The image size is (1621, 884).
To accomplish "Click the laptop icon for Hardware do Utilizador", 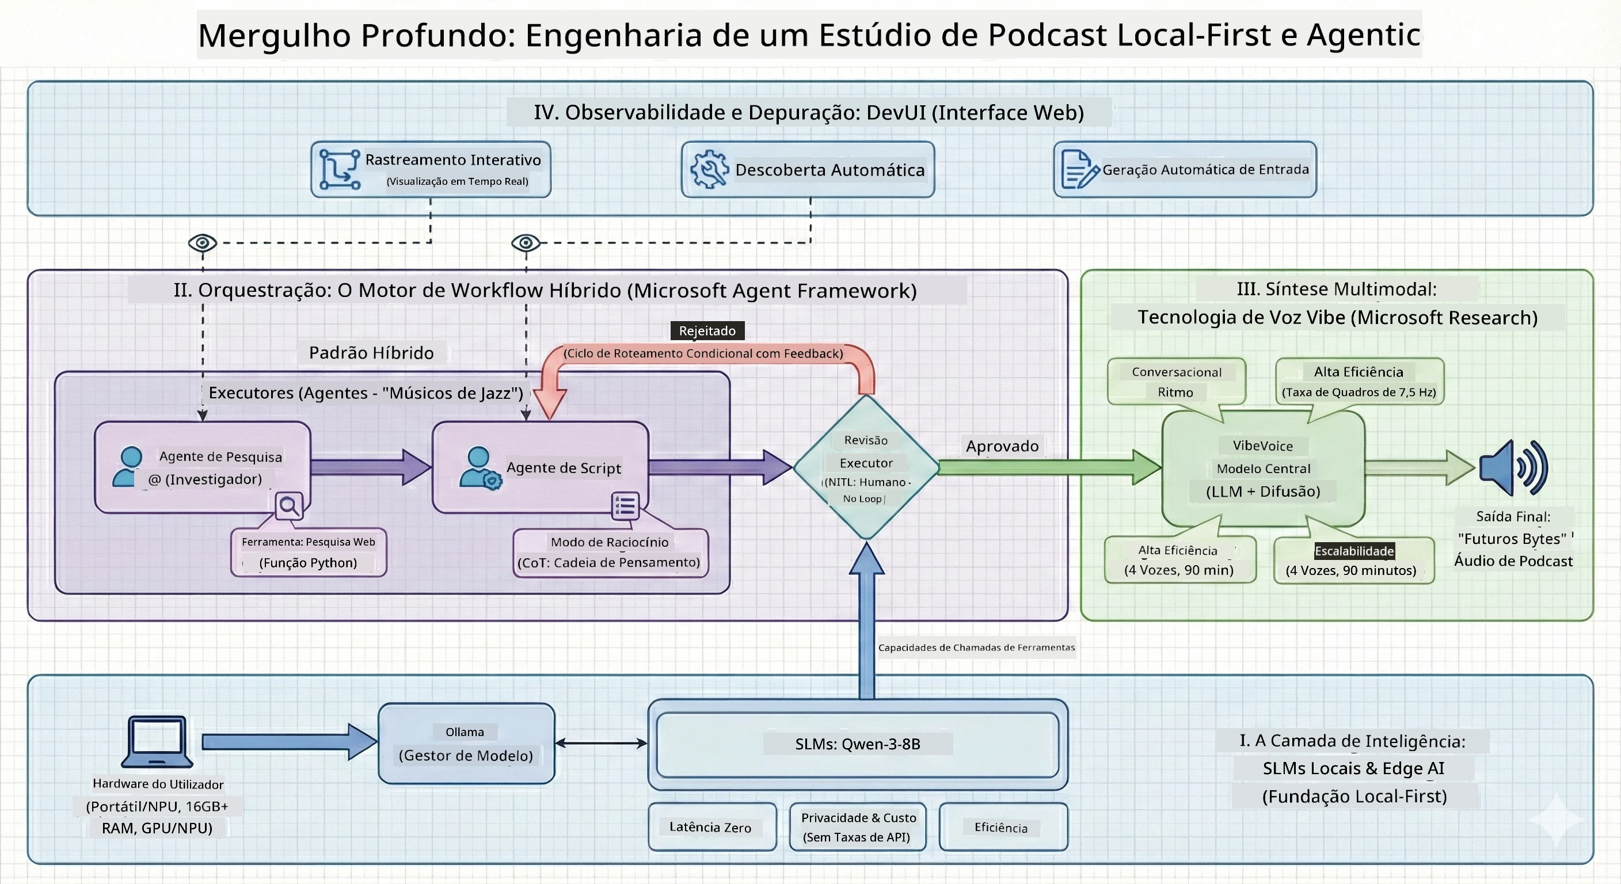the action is pos(157,741).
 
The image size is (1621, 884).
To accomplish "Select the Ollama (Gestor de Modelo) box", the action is pos(466,743).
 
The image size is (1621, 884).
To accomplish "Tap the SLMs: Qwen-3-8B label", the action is pos(858,744).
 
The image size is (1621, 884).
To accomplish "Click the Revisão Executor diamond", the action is pos(866,467).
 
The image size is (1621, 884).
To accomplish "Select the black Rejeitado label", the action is pos(707,330).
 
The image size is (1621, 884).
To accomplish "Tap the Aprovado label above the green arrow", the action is pos(1002,446).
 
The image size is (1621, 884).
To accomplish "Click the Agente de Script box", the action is pos(541,467).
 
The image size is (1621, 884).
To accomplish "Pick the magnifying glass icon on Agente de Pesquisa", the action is pos(290,506).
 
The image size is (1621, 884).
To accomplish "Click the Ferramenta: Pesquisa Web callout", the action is pos(309,552).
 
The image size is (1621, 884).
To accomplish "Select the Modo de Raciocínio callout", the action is pos(610,552).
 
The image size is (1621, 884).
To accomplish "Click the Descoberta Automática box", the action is pos(808,169).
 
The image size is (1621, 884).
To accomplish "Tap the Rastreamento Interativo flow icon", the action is pos(340,169).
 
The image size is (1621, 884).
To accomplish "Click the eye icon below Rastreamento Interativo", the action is pos(203,243).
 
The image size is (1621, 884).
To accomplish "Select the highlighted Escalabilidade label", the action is pos(1354,551).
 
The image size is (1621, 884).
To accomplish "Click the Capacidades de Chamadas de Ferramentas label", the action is pos(977,647).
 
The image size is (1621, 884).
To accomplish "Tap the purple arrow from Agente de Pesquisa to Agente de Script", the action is pos(371,467).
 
